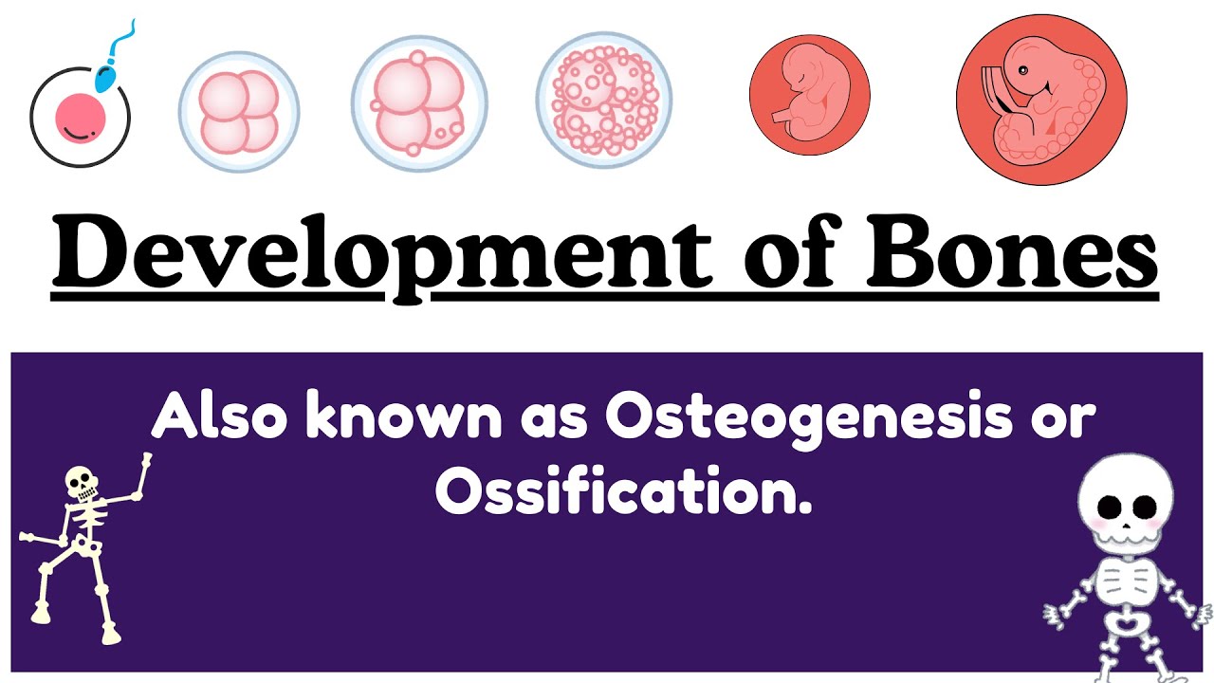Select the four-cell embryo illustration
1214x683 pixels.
click(x=239, y=112)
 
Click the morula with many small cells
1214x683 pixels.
click(x=603, y=100)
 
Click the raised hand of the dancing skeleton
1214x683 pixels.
click(x=147, y=462)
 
